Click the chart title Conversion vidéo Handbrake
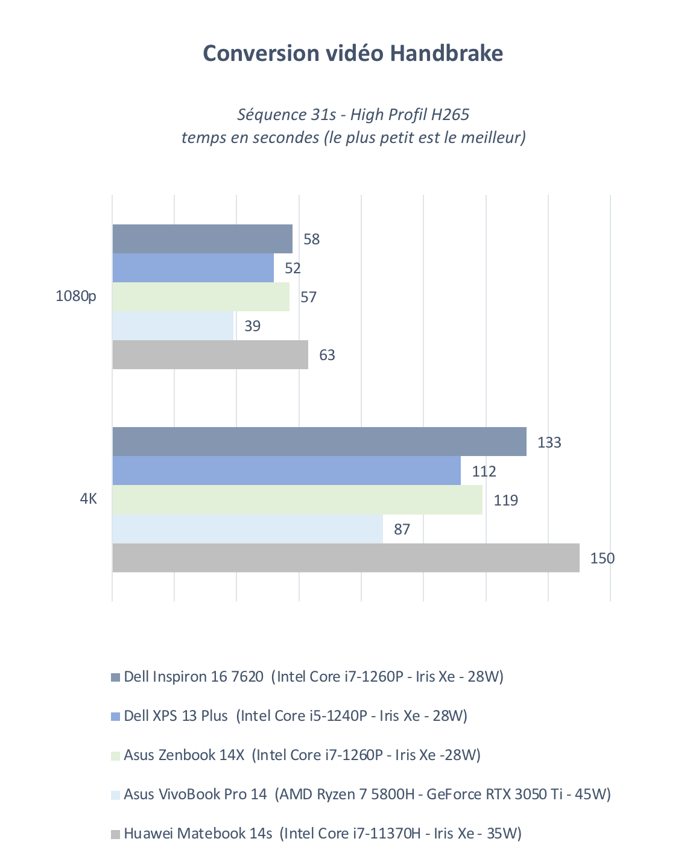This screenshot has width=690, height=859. [353, 53]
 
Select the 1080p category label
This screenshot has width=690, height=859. [76, 296]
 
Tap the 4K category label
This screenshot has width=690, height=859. [88, 499]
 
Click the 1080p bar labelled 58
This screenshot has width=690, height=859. [202, 239]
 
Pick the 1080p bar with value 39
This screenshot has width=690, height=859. [172, 326]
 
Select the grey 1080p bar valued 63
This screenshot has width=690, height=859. [210, 355]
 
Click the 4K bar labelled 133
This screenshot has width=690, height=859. [319, 442]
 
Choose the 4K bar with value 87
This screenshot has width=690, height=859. [247, 529]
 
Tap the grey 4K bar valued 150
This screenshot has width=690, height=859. [346, 558]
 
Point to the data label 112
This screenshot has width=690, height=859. [484, 471]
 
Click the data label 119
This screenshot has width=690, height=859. [505, 500]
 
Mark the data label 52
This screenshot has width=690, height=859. [293, 268]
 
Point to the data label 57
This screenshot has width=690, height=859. [308, 297]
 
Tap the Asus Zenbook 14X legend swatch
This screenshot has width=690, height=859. [116, 755]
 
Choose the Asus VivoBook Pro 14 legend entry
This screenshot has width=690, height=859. [367, 794]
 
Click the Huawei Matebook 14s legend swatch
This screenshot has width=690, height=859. [116, 834]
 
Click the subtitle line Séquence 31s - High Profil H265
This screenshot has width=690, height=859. [353, 114]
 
